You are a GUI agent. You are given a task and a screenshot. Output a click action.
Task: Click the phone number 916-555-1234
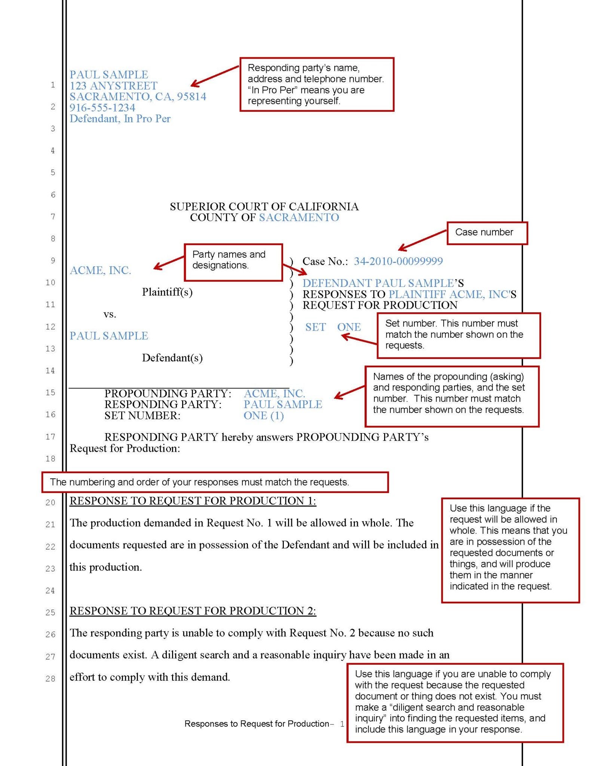pos(102,108)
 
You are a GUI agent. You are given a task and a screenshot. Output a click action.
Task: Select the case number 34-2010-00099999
pos(398,261)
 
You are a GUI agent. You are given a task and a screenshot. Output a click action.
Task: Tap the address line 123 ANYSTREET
pos(113,86)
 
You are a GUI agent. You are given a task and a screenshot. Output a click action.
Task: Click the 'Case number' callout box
pos(487,233)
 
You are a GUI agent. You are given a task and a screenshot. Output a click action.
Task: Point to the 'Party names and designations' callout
pos(233,262)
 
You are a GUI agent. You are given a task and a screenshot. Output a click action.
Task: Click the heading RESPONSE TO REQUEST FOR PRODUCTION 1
pos(193,501)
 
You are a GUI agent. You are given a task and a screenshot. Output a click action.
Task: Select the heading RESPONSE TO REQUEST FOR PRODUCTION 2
pos(193,611)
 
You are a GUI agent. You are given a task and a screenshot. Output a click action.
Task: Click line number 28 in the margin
pos(50,678)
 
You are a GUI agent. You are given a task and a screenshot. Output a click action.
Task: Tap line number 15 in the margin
pos(50,393)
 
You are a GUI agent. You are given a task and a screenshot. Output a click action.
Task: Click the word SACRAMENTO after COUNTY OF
pos(299,217)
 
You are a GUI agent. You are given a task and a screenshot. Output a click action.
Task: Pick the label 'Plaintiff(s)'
pos(167,292)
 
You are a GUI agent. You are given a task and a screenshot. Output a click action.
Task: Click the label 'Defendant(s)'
pos(172,358)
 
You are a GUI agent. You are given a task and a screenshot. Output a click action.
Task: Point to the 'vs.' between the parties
pos(110,314)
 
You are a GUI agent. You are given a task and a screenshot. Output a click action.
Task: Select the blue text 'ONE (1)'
pos(264,416)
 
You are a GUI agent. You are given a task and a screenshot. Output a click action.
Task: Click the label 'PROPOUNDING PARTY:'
pos(168,393)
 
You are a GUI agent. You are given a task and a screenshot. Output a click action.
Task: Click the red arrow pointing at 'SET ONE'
pos(359,339)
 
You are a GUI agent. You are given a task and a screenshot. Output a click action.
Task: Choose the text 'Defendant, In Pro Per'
pos(120,119)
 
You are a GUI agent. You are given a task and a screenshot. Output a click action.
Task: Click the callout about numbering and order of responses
pos(215,482)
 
